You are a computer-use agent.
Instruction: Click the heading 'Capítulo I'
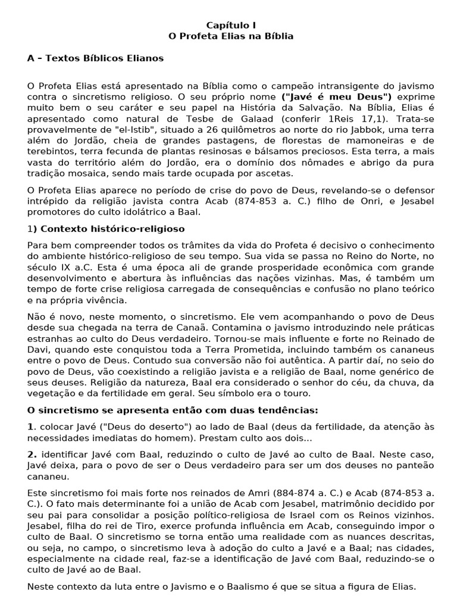[x=231, y=25]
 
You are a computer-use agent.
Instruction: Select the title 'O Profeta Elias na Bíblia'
[x=231, y=36]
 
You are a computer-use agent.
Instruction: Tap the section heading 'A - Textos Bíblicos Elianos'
[x=95, y=58]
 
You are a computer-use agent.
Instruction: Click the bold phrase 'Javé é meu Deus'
[x=337, y=97]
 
